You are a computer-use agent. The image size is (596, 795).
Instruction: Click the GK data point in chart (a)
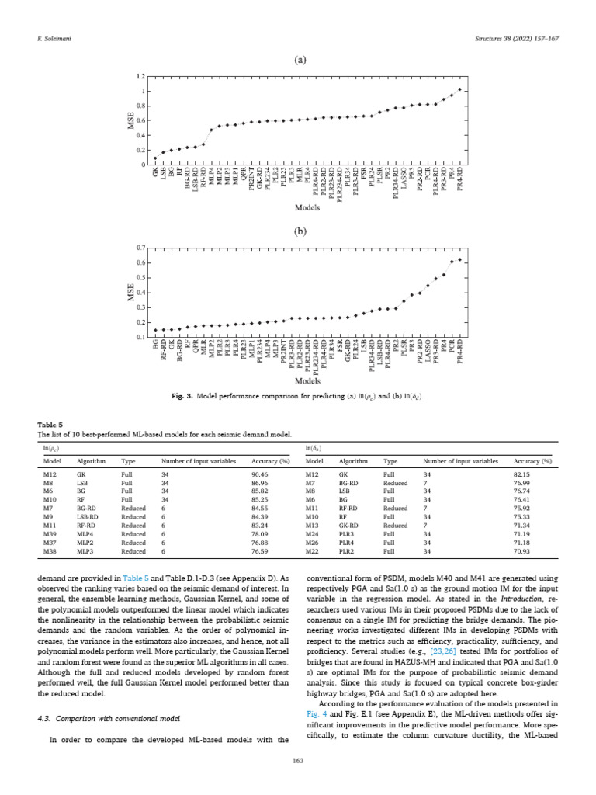point(155,158)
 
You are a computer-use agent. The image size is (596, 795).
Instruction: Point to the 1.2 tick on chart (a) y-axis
point(140,77)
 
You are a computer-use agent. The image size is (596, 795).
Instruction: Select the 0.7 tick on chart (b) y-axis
point(140,247)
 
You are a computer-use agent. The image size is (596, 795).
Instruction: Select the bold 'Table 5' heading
point(49,425)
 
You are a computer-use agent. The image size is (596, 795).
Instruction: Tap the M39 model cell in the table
point(50,533)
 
